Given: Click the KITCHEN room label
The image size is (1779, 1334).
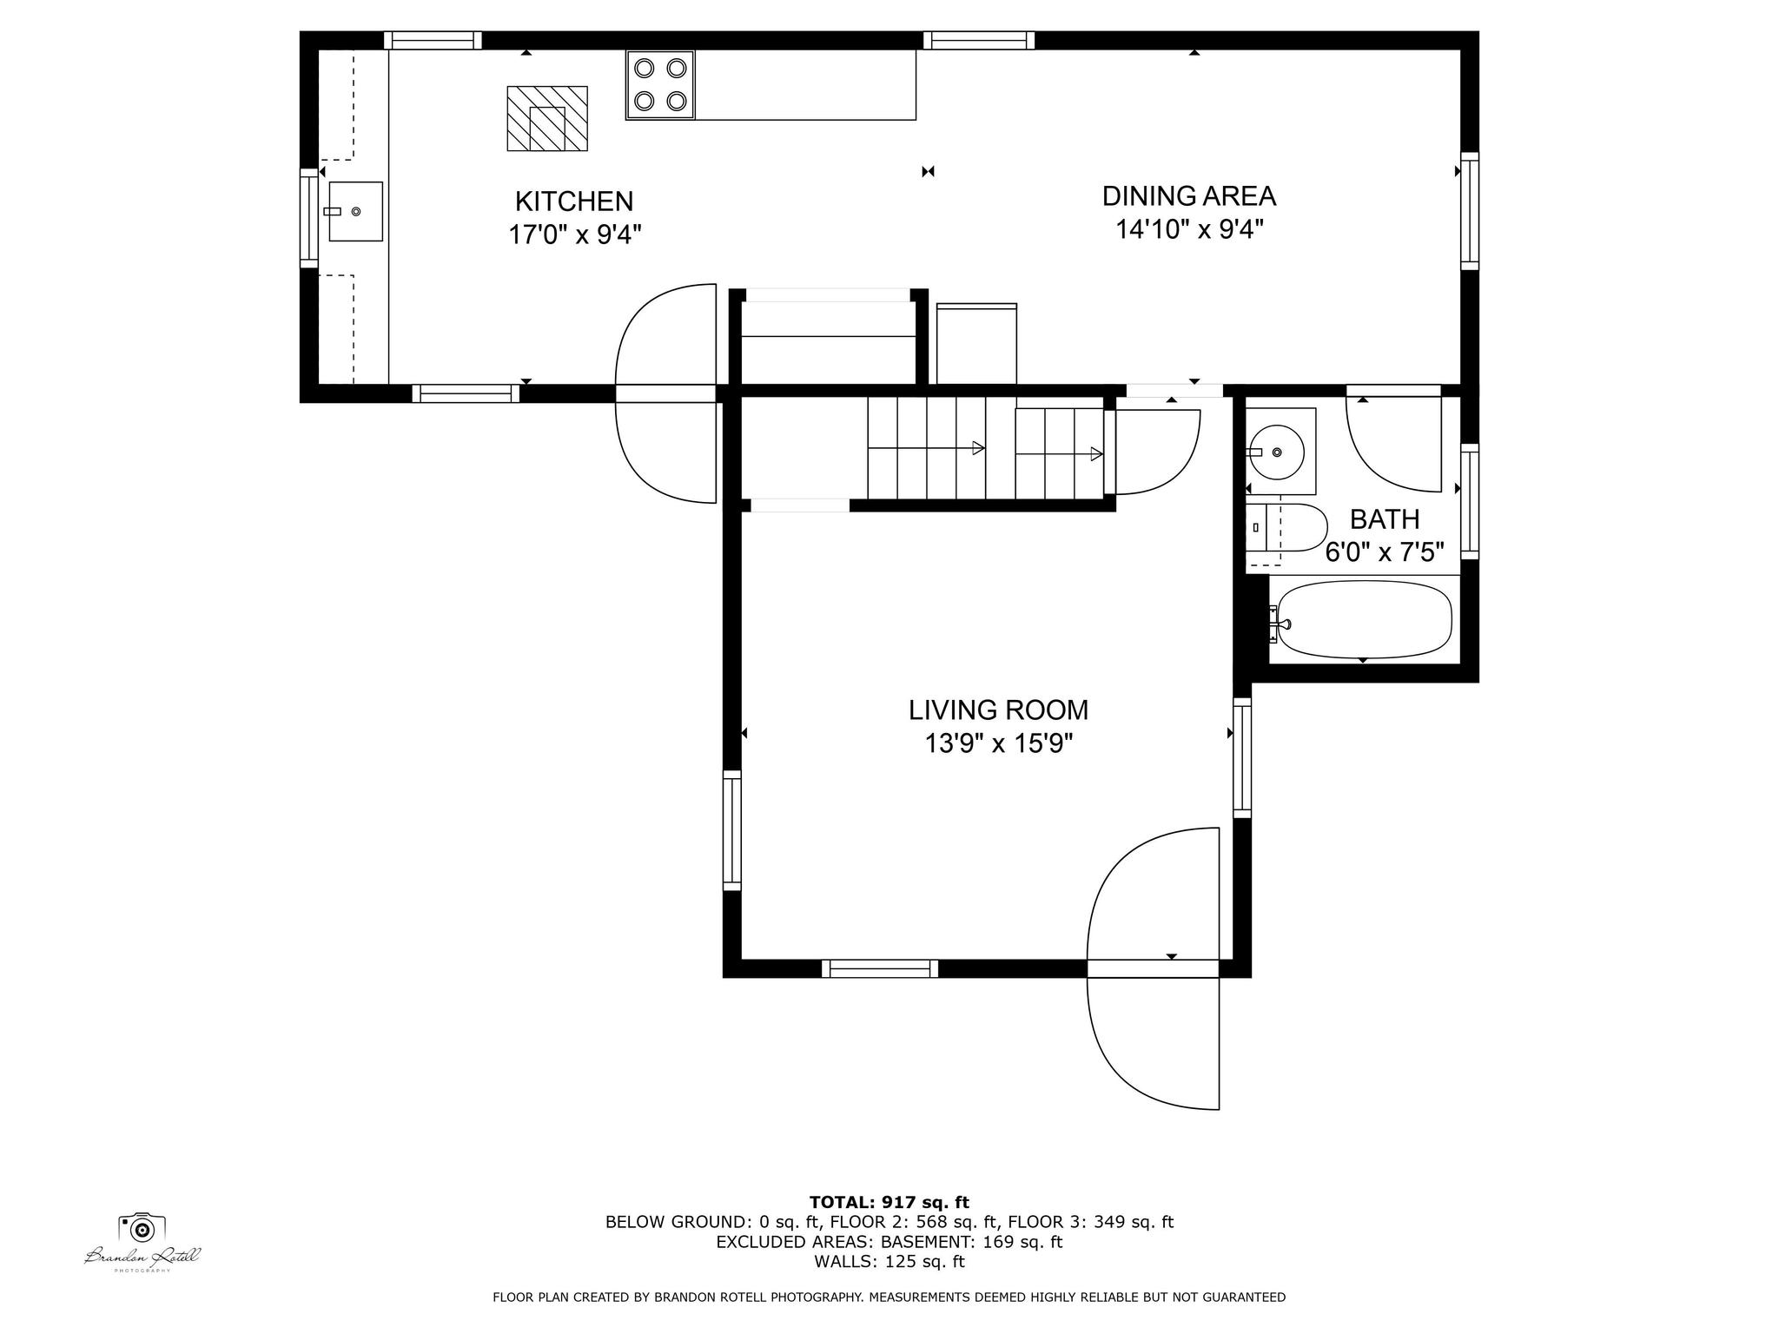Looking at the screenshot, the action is (574, 201).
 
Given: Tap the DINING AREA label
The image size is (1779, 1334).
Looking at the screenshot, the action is (1189, 196).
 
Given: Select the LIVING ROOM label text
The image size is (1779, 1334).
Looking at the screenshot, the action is (998, 710).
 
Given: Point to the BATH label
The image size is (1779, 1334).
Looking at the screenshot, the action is (1385, 519).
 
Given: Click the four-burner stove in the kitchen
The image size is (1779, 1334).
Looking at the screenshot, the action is (660, 84).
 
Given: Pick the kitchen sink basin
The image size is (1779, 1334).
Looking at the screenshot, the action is (355, 211).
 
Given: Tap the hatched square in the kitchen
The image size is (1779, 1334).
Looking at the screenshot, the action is (547, 118).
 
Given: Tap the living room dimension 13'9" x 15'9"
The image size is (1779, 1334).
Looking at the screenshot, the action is (999, 744).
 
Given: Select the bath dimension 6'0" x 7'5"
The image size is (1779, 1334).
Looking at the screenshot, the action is (1385, 552).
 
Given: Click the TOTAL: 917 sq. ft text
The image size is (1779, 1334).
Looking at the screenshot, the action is (889, 1203).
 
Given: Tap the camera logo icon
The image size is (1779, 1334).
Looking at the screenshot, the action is (142, 1228).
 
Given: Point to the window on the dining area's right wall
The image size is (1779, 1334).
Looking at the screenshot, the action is (1470, 211).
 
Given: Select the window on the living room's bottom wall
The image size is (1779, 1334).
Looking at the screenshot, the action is (880, 969).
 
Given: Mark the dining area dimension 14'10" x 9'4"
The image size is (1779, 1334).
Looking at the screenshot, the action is (1189, 230).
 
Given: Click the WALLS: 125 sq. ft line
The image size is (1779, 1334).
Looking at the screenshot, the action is (889, 1262).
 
